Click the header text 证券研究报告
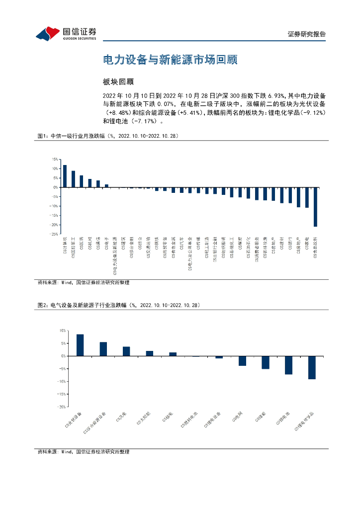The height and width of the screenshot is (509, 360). (307, 34)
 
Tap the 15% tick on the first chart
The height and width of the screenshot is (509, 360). (55, 160)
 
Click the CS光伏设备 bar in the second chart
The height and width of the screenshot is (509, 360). (80, 345)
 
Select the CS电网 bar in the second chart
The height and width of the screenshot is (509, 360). (242, 361)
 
